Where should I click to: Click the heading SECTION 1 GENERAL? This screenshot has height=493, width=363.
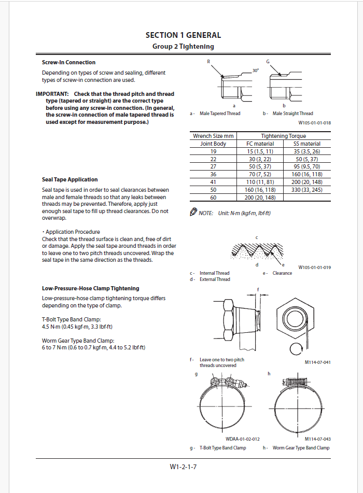(x=183, y=35)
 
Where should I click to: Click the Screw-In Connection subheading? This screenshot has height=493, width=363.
(x=68, y=63)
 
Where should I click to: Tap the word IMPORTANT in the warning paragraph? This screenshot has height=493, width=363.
(x=52, y=94)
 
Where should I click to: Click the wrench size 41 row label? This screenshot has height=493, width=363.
(x=213, y=182)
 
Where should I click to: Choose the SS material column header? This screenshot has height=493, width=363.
(x=306, y=144)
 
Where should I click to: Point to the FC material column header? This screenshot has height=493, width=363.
(x=260, y=144)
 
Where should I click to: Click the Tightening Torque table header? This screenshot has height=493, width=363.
(x=283, y=136)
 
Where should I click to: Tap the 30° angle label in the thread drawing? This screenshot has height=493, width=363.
(x=256, y=70)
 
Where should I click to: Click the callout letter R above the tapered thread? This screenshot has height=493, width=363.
(x=208, y=62)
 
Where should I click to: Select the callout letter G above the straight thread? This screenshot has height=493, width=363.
(x=268, y=62)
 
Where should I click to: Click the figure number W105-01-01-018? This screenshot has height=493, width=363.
(x=314, y=123)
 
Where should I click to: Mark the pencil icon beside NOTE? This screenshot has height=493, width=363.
(x=193, y=212)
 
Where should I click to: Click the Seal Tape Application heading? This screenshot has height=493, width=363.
(x=69, y=179)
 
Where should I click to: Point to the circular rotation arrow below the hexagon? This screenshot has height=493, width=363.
(x=296, y=348)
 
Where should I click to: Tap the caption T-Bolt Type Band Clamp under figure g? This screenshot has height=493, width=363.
(x=222, y=447)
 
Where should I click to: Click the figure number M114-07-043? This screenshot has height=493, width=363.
(x=317, y=439)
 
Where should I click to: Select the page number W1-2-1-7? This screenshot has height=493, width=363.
(x=183, y=467)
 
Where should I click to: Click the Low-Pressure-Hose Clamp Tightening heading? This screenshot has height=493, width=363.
(x=90, y=288)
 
